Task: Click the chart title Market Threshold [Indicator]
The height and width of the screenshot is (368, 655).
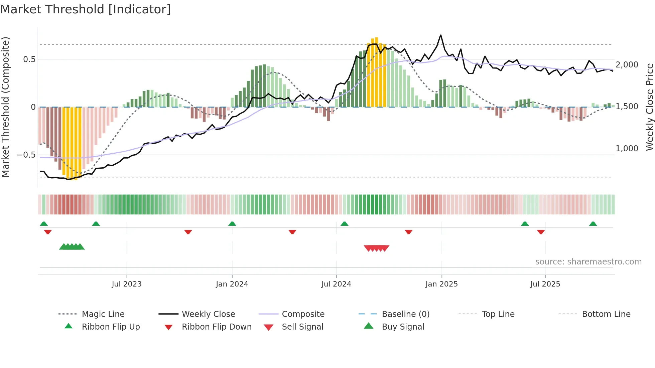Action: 86,9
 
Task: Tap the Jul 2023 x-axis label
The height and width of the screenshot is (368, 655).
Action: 127,284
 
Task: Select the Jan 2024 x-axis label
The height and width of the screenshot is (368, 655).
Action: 232,284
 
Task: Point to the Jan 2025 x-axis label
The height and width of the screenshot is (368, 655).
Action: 441,284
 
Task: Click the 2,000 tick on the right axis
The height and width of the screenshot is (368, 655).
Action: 627,65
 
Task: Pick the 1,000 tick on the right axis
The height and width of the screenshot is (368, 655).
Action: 627,149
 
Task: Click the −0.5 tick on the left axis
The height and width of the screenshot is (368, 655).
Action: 26,155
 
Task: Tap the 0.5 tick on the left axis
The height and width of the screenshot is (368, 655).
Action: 29,59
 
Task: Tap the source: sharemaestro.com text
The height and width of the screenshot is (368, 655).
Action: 588,262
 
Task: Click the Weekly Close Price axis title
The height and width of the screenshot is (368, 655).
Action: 649,107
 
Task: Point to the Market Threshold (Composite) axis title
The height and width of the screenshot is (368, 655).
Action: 5,107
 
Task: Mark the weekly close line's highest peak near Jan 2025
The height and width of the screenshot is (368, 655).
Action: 440,35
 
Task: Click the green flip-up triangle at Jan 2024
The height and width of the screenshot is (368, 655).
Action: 232,224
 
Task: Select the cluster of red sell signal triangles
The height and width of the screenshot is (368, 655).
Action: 377,248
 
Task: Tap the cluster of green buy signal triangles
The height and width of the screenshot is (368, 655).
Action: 72,247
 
